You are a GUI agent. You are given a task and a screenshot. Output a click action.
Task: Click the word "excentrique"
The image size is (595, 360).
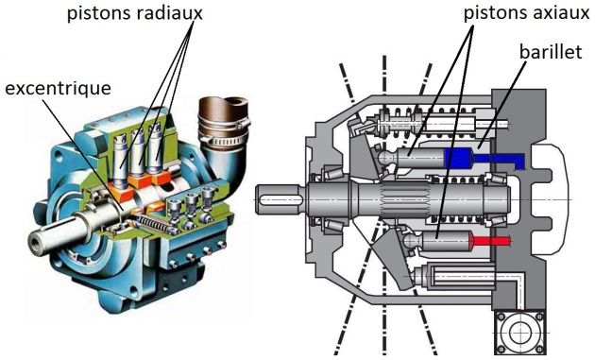coord(58,88)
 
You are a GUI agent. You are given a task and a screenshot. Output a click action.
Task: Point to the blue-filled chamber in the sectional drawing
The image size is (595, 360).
coord(465,158)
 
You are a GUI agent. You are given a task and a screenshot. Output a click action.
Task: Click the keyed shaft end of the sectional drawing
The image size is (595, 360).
coord(280,200)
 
